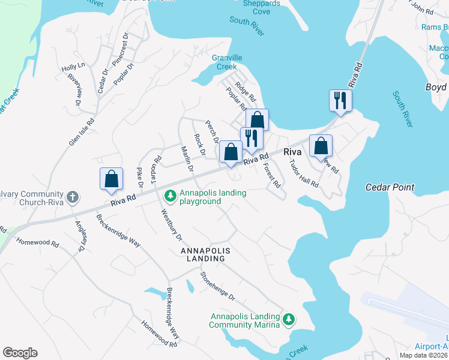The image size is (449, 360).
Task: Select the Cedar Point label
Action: click(x=390, y=187)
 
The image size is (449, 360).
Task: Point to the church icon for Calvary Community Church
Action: click(x=72, y=196)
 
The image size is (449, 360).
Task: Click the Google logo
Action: click(x=20, y=353)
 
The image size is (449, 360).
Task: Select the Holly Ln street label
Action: click(x=73, y=68)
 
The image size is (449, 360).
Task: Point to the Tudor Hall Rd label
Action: click(x=303, y=174)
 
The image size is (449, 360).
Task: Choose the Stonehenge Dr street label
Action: click(x=218, y=287)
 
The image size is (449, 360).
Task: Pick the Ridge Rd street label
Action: click(x=246, y=91)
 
